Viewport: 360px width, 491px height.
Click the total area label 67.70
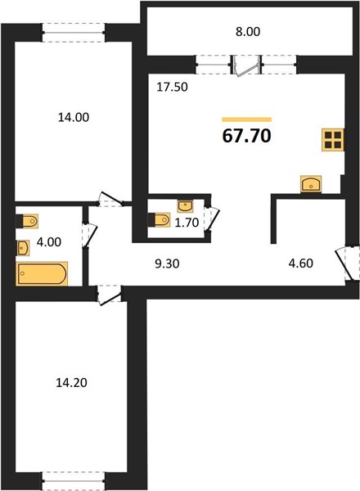pos(246,136)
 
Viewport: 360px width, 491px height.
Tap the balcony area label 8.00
pos(248,32)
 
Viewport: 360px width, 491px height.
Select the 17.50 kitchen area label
pos(172,87)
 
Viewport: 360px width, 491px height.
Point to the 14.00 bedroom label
pos(74,117)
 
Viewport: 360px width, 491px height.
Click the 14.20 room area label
pos(71,382)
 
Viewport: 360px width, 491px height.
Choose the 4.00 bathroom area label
pos(49,241)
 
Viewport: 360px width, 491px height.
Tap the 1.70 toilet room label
pos(187,223)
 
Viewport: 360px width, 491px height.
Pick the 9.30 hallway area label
pos(167,264)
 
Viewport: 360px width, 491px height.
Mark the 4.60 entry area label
pos(300,263)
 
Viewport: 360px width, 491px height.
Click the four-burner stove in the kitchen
pos(333,140)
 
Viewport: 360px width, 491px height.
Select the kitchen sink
pos(311,184)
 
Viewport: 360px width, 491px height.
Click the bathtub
pos(42,273)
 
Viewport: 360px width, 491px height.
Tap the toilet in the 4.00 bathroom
pos(27,221)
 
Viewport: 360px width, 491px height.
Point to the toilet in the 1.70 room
pos(159,219)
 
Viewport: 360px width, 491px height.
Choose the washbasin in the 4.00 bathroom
pos(23,248)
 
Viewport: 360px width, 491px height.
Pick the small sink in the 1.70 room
pos(185,206)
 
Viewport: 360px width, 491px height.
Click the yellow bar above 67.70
pos(246,119)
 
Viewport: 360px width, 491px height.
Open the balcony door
pos(245,65)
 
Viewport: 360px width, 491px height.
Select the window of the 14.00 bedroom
pos(74,32)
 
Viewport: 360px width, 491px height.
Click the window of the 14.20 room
pos(74,481)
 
